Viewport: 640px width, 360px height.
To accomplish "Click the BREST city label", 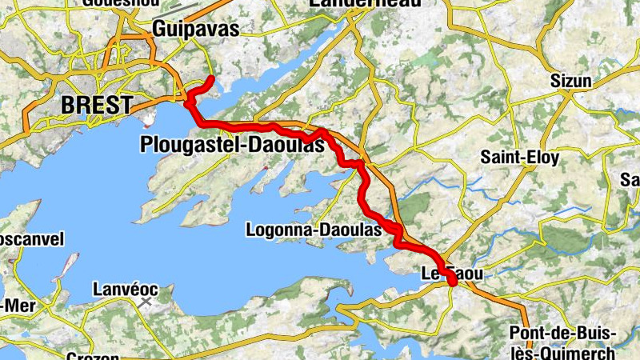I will (97, 105).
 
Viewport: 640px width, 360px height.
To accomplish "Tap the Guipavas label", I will (195, 29).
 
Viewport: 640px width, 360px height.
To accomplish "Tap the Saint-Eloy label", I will (519, 158).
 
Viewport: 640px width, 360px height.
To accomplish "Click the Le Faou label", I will (452, 274).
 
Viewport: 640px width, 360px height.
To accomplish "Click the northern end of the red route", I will (210, 78).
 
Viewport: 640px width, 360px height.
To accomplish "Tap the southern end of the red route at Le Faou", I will (453, 282).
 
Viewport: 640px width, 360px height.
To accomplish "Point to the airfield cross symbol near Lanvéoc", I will (145, 302).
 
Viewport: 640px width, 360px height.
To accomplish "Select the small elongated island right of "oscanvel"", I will (68, 264).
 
